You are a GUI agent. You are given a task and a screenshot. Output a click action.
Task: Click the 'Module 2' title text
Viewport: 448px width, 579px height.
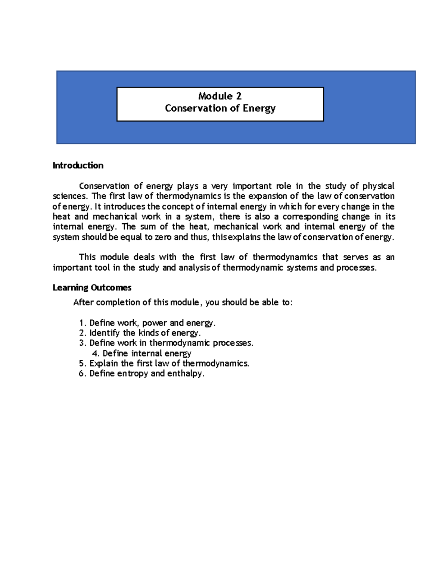tap(220, 96)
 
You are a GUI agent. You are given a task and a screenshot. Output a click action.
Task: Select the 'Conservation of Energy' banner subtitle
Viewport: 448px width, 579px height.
tap(220, 108)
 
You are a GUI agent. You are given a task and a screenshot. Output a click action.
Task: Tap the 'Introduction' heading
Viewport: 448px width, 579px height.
tap(78, 166)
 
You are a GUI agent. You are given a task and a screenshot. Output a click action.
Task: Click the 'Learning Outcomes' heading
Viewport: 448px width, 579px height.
tap(92, 288)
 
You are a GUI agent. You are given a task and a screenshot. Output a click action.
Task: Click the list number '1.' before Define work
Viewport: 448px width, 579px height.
tap(83, 323)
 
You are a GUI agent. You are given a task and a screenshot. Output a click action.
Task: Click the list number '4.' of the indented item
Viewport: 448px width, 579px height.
tap(95, 353)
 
